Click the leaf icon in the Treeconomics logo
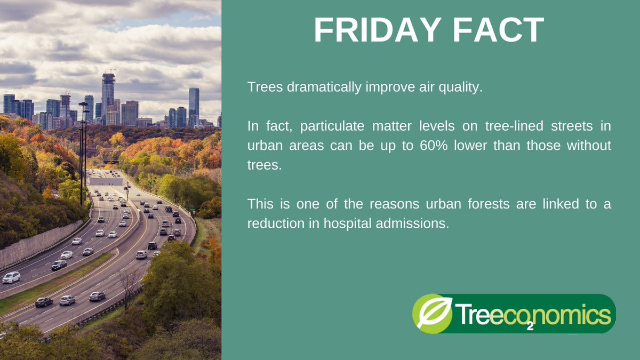click(x=432, y=313)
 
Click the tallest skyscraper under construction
click(x=108, y=96)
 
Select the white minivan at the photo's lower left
click(x=11, y=277)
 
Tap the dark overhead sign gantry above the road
click(x=110, y=162)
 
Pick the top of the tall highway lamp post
click(x=83, y=105)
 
